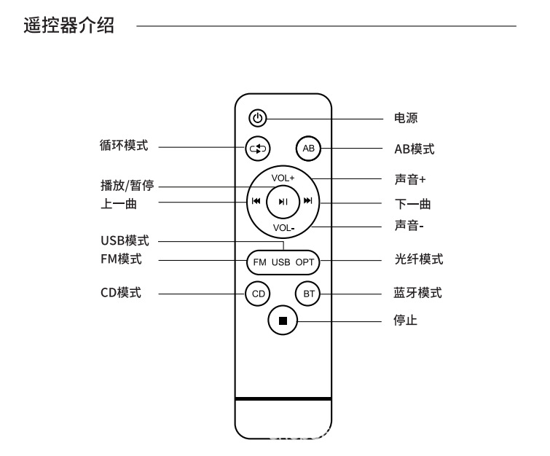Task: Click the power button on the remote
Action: pyautogui.click(x=257, y=118)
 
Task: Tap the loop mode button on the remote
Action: pyautogui.click(x=257, y=149)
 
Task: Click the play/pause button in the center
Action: pyautogui.click(x=283, y=202)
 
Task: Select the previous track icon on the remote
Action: pyautogui.click(x=256, y=202)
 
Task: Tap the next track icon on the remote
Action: pyautogui.click(x=308, y=202)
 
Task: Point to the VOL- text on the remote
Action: pyautogui.click(x=283, y=228)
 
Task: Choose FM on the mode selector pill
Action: pyautogui.click(x=259, y=261)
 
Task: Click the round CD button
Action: pyautogui.click(x=257, y=294)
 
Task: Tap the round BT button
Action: pyautogui.click(x=307, y=294)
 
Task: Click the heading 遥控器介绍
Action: pyautogui.click(x=70, y=26)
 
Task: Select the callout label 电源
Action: pyautogui.click(x=406, y=118)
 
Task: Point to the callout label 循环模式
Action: pyautogui.click(x=124, y=146)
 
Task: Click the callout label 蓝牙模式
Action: pyautogui.click(x=418, y=293)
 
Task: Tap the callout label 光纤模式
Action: pyautogui.click(x=418, y=259)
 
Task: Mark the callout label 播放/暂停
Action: pyautogui.click(x=127, y=186)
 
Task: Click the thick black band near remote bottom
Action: pyautogui.click(x=283, y=398)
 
